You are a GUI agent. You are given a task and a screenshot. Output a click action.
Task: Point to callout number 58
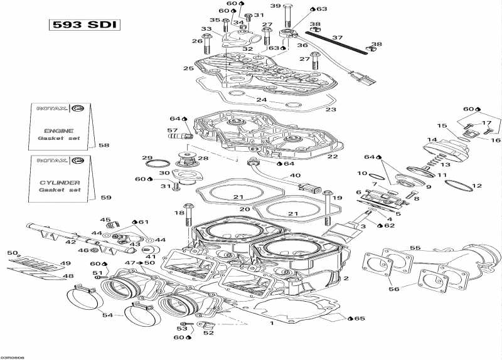(x=104, y=145)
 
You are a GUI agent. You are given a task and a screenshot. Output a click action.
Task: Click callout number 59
(x=106, y=198)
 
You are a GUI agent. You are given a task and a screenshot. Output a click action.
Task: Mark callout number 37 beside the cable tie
(x=338, y=38)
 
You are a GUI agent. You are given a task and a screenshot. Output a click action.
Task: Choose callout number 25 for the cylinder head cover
(x=188, y=68)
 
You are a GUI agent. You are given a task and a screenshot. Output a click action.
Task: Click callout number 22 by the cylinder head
(x=333, y=157)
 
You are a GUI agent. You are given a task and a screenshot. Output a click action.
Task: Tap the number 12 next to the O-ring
(x=477, y=186)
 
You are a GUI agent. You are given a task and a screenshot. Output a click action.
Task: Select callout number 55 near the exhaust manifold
(x=415, y=248)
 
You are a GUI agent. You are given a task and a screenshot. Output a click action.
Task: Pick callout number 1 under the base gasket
(x=272, y=324)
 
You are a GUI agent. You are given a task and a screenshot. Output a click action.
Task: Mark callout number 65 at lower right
(x=359, y=319)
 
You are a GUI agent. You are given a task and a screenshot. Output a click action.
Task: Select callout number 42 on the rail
(x=71, y=241)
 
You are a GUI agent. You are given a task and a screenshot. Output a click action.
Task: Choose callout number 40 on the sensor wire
(x=295, y=175)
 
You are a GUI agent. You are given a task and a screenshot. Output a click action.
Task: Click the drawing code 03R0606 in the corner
(x=13, y=356)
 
